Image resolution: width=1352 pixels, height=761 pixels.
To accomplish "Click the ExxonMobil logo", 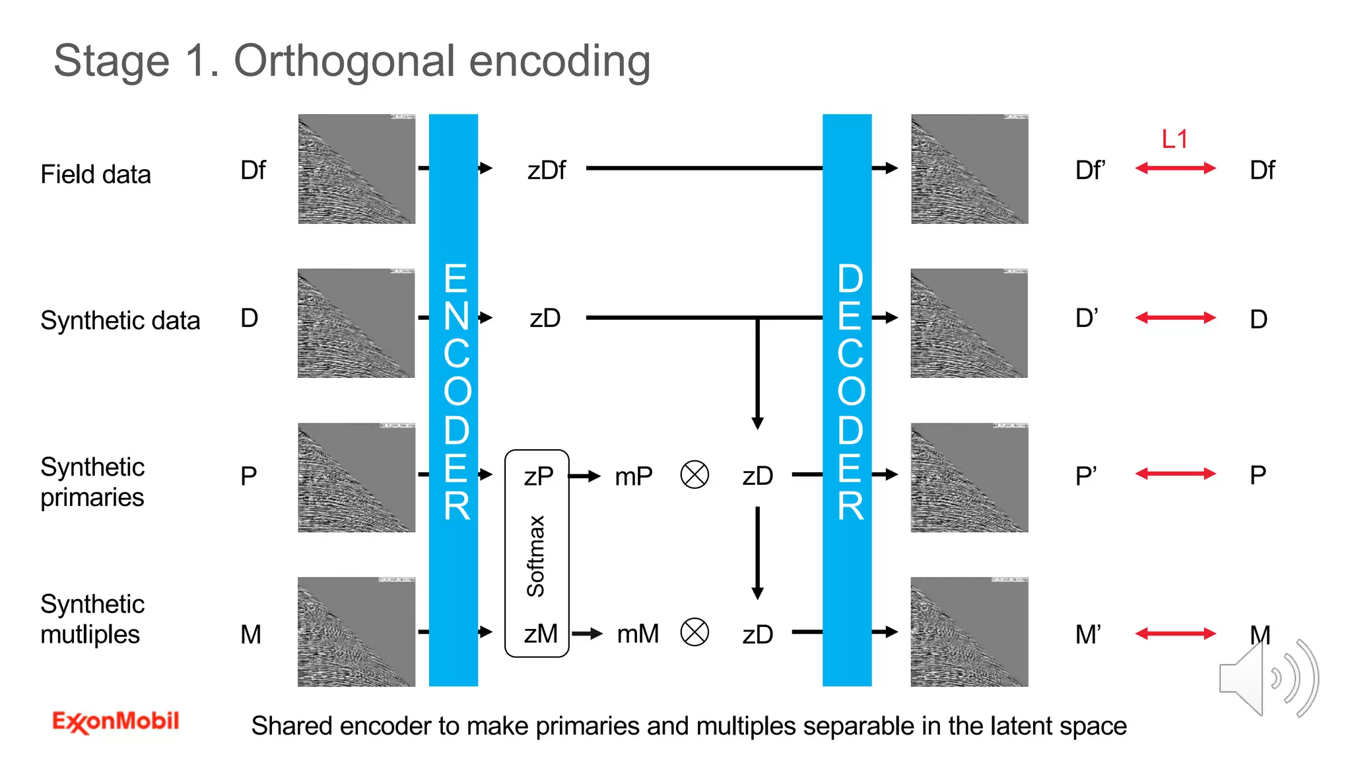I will point(116,721).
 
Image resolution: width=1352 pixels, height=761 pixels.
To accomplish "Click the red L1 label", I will point(1174,139).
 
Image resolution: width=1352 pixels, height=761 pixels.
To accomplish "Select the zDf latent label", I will point(546,170).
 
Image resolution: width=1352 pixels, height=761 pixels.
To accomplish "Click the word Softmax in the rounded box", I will point(535,556).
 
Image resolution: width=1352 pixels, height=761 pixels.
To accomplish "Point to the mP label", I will point(633,476).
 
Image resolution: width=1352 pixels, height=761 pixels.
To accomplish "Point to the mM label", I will point(638,634).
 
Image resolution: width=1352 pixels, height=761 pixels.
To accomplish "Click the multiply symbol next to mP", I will point(694,475).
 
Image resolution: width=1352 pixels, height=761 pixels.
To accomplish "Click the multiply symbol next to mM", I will point(694,632).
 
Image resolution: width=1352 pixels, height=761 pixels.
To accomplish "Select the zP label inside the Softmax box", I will point(538,476).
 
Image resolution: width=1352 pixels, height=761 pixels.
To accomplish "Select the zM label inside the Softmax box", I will point(541,634).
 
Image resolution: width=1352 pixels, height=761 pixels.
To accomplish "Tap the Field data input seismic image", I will point(356,169).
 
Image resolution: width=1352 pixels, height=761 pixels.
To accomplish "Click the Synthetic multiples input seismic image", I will point(356,632).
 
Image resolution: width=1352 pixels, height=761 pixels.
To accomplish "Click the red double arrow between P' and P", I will point(1175,474).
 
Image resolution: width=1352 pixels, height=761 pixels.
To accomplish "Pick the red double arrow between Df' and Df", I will point(1175,168).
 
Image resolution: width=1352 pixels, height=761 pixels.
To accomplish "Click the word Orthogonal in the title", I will point(345,61).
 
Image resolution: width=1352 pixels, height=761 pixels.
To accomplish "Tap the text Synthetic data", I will point(120,321).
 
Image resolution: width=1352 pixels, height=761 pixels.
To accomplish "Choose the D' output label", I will point(1087,318).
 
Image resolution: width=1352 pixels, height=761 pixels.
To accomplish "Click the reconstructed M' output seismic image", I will point(969,632).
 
